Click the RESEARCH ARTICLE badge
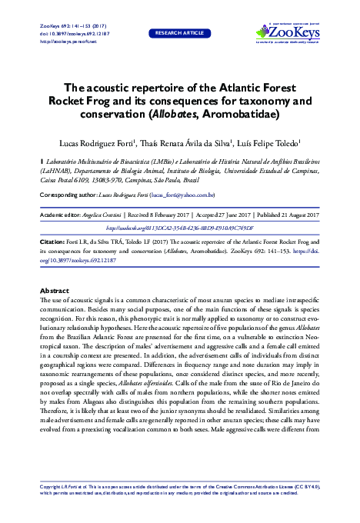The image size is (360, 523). click(x=179, y=34)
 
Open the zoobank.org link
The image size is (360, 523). click(x=179, y=228)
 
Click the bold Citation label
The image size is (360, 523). click(x=53, y=241)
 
